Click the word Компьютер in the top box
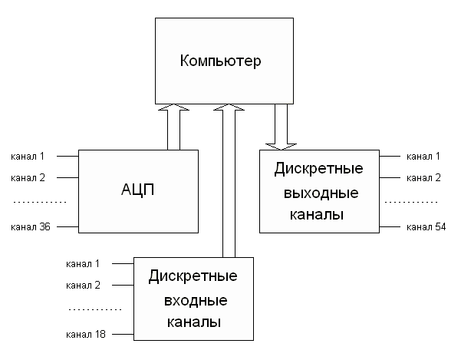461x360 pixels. coord(221,61)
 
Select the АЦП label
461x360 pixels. coord(139,190)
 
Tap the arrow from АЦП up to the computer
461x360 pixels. coord(174,127)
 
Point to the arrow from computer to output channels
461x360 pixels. coord(282,127)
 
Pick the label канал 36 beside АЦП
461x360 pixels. coord(28,227)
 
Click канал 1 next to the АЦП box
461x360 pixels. coord(28,157)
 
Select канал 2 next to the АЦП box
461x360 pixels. coord(28,177)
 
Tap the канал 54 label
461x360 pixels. coord(424,227)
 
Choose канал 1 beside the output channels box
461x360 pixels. coord(424,157)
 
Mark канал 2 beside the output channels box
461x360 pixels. coord(424,177)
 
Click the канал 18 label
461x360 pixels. coord(85,335)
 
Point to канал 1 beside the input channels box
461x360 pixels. coord(83,263)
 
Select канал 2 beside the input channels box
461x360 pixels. coord(83,285)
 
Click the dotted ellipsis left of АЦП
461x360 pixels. coord(40,202)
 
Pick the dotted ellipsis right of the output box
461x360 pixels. coord(410,202)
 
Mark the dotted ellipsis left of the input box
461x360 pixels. coord(95,309)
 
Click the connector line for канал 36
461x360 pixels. coord(68,227)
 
